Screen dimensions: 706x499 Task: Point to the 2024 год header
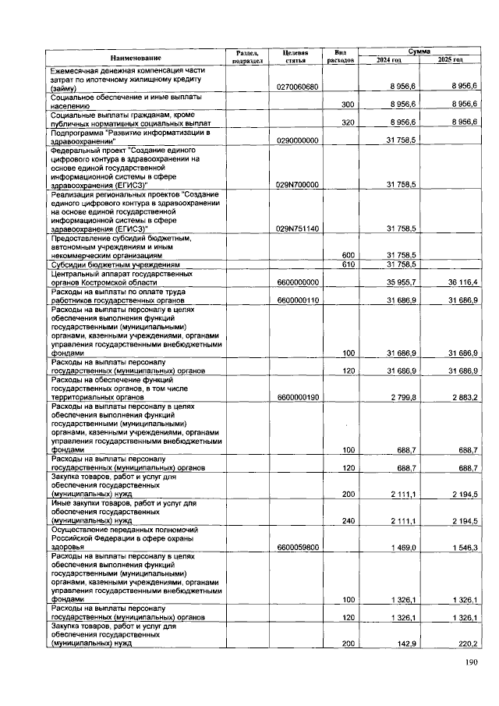click(388, 60)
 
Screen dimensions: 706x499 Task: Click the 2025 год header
click(450, 60)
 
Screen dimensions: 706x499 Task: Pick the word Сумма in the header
click(419, 51)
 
